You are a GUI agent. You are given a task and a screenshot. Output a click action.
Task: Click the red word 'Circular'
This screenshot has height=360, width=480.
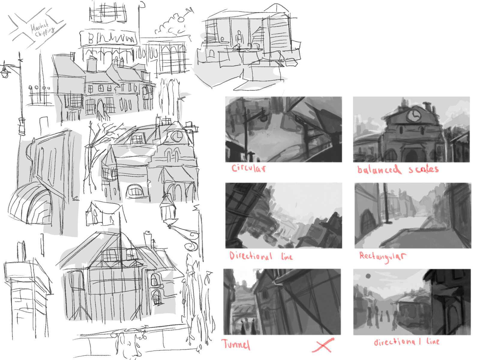(248, 168)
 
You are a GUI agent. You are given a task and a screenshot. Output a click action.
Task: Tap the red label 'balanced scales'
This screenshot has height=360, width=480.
(398, 169)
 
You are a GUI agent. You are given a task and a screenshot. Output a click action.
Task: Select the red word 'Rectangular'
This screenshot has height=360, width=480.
(382, 256)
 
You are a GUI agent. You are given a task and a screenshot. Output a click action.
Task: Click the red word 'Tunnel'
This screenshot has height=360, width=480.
(236, 344)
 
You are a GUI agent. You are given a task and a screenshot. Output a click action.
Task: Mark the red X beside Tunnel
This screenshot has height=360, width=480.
(323, 345)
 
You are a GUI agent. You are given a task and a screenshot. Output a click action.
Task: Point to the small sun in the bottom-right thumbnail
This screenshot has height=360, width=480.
(368, 276)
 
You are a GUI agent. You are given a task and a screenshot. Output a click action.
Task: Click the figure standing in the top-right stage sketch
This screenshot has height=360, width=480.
(239, 37)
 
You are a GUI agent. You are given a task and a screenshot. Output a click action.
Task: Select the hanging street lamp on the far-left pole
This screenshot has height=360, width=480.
(5, 72)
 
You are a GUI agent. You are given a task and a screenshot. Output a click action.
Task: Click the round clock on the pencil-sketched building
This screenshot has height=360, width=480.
(177, 136)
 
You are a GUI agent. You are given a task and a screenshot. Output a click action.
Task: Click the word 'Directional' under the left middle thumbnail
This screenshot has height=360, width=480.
(250, 256)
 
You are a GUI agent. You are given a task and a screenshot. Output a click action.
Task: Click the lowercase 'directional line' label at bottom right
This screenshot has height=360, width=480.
(406, 342)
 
